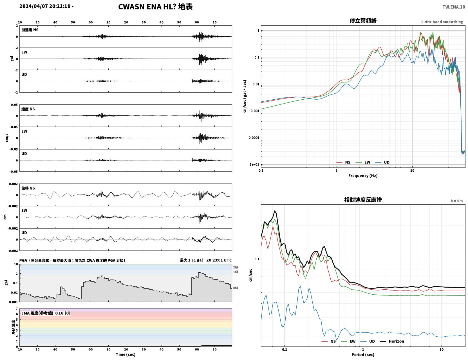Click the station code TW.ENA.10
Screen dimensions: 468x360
click(454, 7)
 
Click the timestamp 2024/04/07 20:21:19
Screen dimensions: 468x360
click(45, 6)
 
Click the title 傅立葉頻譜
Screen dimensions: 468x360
click(363, 21)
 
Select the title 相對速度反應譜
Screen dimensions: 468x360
click(363, 200)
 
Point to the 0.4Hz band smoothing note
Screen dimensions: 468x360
click(442, 22)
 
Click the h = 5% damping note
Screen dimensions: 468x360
click(456, 201)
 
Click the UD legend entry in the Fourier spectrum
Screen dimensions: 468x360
click(382, 162)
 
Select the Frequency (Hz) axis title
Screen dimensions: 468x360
click(363, 176)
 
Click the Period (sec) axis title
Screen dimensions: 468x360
click(363, 355)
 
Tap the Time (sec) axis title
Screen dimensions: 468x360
click(126, 354)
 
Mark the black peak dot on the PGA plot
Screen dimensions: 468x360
click(199, 272)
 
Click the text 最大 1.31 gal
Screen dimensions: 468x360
click(191, 260)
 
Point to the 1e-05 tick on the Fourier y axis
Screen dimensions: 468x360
click(254, 164)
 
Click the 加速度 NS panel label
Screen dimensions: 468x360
click(30, 30)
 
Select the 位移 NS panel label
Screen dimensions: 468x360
click(28, 188)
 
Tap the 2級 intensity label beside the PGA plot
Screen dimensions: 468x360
click(236, 267)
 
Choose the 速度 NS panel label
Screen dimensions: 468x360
click(28, 109)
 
